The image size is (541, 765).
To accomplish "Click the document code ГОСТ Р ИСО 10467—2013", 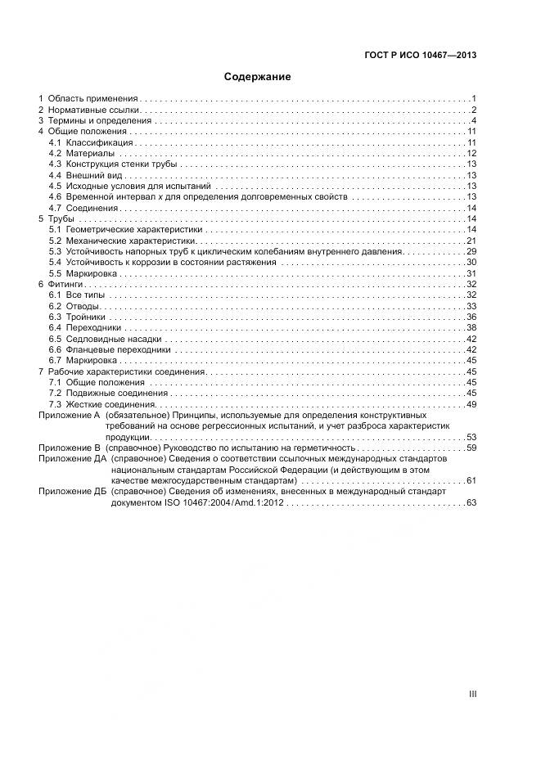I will (x=420, y=56).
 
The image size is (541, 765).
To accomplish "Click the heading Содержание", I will (x=258, y=77).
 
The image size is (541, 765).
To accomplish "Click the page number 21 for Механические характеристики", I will (x=471, y=241).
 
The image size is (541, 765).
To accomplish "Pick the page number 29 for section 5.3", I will (x=471, y=252).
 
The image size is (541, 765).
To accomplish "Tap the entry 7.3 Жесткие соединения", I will (x=102, y=404).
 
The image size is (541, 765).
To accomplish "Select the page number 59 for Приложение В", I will (x=471, y=448).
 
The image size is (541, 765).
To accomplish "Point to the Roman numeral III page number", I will (x=472, y=693).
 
